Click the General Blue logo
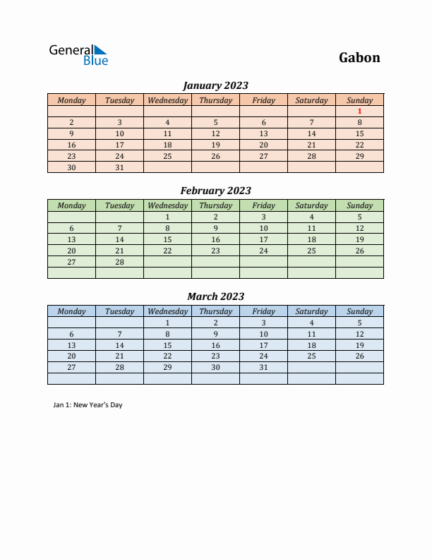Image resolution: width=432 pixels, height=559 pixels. (x=78, y=54)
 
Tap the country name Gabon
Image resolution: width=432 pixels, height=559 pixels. (x=359, y=57)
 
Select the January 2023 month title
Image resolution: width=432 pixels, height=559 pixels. (x=215, y=85)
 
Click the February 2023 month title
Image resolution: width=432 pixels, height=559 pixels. (x=215, y=191)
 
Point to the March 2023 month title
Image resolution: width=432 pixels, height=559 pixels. (x=215, y=296)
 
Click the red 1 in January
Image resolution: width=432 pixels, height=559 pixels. (x=359, y=111)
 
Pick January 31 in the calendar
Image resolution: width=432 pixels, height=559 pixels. (x=119, y=167)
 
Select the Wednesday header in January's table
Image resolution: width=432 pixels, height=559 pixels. (x=167, y=100)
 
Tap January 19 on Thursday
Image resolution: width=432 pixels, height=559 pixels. (x=215, y=145)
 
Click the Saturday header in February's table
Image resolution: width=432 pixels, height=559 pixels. (x=311, y=205)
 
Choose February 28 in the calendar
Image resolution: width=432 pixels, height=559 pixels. (x=119, y=262)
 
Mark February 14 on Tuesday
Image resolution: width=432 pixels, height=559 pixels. (x=119, y=239)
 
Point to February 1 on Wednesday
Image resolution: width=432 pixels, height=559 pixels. (x=167, y=217)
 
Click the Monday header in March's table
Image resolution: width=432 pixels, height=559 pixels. (x=71, y=311)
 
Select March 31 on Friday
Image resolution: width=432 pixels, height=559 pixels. (x=263, y=368)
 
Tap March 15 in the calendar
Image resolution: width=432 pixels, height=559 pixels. (x=167, y=345)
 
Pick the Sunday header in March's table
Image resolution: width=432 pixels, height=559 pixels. (x=359, y=311)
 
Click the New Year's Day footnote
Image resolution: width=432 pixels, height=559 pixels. (x=88, y=405)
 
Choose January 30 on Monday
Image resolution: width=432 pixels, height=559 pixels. (x=71, y=167)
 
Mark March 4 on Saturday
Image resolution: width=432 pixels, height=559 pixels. (x=311, y=323)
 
